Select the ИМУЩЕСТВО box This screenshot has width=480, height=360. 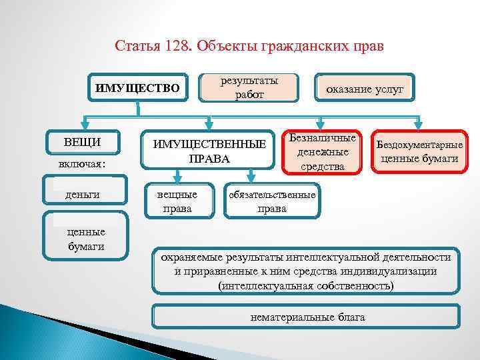pyautogui.click(x=137, y=87)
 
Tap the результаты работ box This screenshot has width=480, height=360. pyautogui.click(x=249, y=87)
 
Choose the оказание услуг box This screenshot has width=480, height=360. pyautogui.click(x=364, y=89)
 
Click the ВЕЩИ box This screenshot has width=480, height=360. pyautogui.click(x=83, y=142)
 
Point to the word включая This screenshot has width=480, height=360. pyautogui.click(x=81, y=162)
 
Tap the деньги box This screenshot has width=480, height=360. pyautogui.click(x=83, y=194)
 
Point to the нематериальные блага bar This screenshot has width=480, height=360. pyautogui.click(x=306, y=317)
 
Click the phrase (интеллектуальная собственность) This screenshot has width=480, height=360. pyautogui.click(x=306, y=285)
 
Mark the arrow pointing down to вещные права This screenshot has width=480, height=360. pyautogui.click(x=177, y=177)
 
